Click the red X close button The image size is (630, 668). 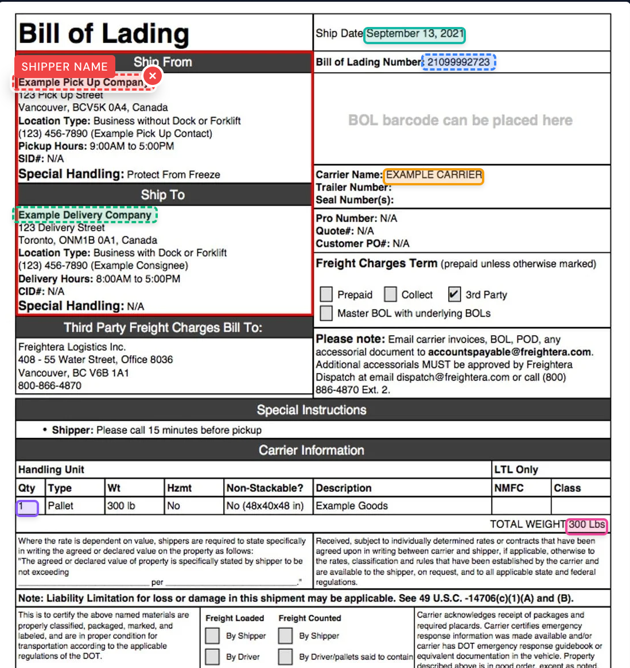pyautogui.click(x=152, y=76)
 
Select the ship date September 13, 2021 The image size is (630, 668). pyautogui.click(x=414, y=34)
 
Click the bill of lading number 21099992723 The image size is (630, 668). pyautogui.click(x=458, y=62)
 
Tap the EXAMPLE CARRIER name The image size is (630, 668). pyautogui.click(x=434, y=176)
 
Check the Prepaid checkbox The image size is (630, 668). pyautogui.click(x=326, y=294)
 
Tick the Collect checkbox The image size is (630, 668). pyautogui.click(x=391, y=294)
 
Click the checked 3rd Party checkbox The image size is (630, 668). pyautogui.click(x=454, y=294)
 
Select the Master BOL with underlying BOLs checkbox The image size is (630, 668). pyautogui.click(x=326, y=313)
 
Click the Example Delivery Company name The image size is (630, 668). pyautogui.click(x=85, y=215)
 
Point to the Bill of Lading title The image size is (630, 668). pyautogui.click(x=104, y=34)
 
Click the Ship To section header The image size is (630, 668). pyautogui.click(x=163, y=195)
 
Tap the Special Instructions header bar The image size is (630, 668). pyautogui.click(x=312, y=410)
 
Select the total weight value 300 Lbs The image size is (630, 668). pyautogui.click(x=586, y=525)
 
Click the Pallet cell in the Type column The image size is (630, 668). pyautogui.click(x=61, y=506)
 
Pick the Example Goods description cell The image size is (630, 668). pyautogui.click(x=352, y=506)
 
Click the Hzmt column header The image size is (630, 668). pyautogui.click(x=179, y=488)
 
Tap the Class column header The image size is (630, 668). pyautogui.click(x=567, y=488)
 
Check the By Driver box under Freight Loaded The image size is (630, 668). pyautogui.click(x=213, y=657)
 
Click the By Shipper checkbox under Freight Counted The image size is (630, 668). pyautogui.click(x=285, y=636)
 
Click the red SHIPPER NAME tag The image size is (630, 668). pyautogui.click(x=64, y=67)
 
